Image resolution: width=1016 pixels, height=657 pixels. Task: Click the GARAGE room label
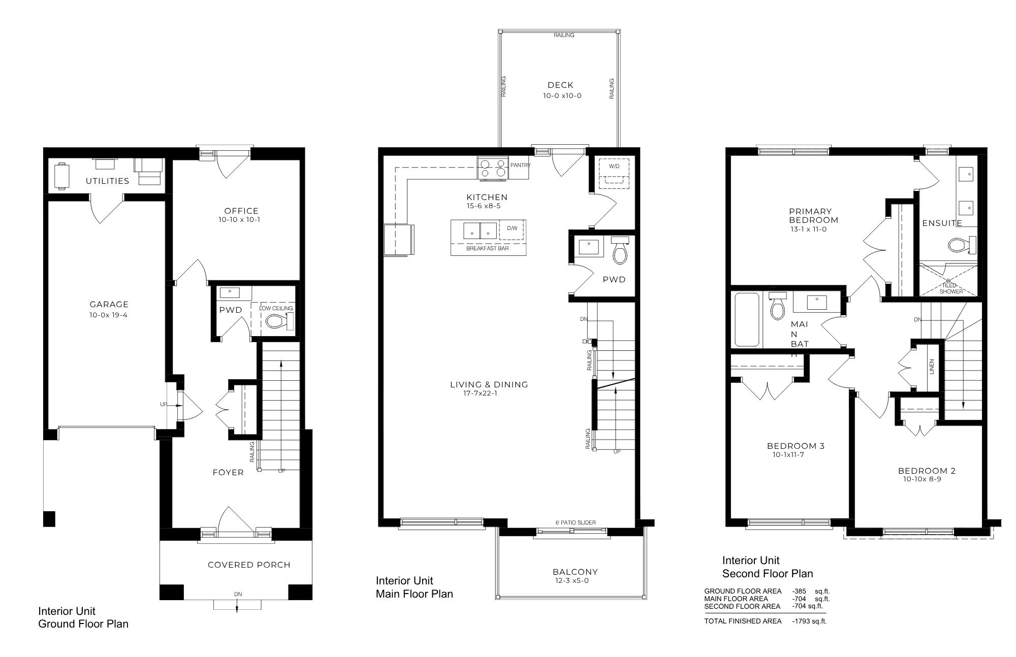pyautogui.click(x=109, y=305)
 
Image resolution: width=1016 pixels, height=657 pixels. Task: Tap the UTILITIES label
pyautogui.click(x=107, y=181)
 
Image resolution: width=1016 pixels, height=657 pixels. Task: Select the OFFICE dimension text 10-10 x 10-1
pyautogui.click(x=239, y=220)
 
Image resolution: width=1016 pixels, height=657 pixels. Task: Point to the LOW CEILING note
pyautogui.click(x=276, y=308)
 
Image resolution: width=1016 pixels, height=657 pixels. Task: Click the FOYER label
pyautogui.click(x=228, y=473)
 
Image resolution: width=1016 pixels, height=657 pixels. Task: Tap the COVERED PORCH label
pyautogui.click(x=249, y=565)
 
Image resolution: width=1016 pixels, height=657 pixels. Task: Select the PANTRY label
pyautogui.click(x=520, y=165)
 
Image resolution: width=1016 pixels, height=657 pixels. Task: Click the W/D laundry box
pyautogui.click(x=614, y=173)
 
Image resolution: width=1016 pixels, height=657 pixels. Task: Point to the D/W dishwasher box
pyautogui.click(x=512, y=228)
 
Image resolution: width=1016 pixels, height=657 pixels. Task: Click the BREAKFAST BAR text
pyautogui.click(x=487, y=248)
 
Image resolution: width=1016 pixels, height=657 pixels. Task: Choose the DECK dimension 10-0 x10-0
pyautogui.click(x=562, y=95)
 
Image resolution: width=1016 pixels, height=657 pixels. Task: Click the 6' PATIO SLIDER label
pyautogui.click(x=575, y=522)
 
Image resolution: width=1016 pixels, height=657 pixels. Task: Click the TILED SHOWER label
pyautogui.click(x=950, y=288)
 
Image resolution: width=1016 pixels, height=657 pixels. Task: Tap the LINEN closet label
pyautogui.click(x=932, y=367)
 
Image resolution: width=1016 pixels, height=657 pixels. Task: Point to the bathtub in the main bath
pyautogui.click(x=746, y=320)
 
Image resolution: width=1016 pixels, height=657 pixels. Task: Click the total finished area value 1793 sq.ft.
pyautogui.click(x=809, y=621)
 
